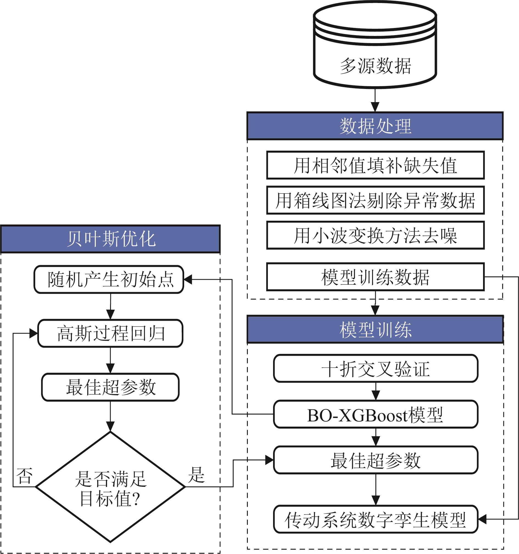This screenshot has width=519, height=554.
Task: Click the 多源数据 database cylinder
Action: point(375,47)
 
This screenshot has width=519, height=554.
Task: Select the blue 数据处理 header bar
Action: point(375,126)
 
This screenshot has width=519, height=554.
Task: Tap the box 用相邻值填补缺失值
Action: point(375,165)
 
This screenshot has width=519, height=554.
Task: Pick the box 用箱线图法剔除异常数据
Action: point(375,200)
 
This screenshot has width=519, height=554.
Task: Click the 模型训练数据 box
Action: point(375,277)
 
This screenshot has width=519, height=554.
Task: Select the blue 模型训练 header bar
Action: point(375,330)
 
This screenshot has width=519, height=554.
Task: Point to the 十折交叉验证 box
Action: point(375,369)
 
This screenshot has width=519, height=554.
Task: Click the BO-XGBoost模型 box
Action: point(375,414)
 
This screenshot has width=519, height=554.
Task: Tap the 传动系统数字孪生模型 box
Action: point(375,519)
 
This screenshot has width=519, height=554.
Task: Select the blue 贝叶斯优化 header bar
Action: point(110,239)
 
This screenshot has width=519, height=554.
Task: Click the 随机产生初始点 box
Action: point(109,279)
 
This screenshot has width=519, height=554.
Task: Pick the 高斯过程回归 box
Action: point(110,333)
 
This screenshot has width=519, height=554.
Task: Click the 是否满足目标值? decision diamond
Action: point(110,487)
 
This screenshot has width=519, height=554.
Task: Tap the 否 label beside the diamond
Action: point(24,476)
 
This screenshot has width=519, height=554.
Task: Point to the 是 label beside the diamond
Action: point(197,475)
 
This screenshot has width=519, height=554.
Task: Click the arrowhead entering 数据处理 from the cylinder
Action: point(375,107)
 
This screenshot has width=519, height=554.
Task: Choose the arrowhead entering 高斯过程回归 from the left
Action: point(33,333)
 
